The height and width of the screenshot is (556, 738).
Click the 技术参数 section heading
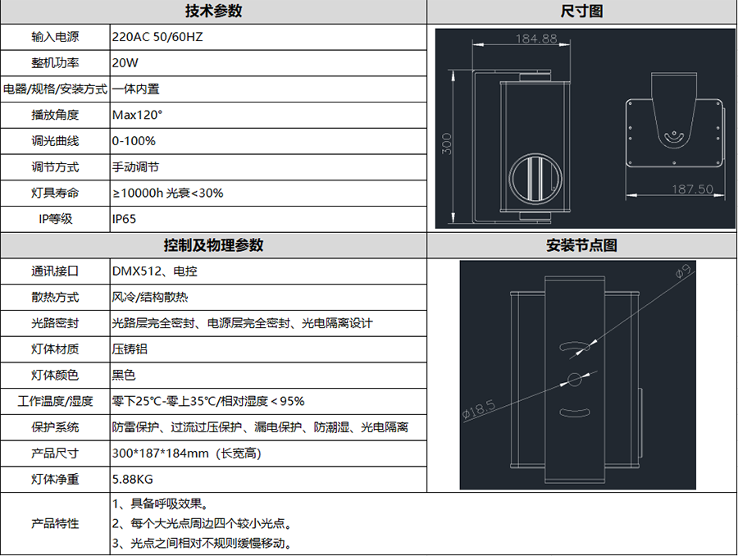[213, 11]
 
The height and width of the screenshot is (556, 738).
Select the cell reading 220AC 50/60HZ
[157, 37]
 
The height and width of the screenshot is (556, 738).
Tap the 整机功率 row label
[55, 62]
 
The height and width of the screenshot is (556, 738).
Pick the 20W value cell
[125, 62]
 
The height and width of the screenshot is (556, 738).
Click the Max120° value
[137, 115]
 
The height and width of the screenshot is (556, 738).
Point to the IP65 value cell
[124, 219]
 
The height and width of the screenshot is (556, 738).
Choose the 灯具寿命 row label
[55, 193]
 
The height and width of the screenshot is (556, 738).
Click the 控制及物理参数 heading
[213, 245]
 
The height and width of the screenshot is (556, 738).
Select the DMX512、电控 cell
[154, 271]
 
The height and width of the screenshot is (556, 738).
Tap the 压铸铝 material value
[130, 349]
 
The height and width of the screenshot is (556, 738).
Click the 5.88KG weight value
[132, 479]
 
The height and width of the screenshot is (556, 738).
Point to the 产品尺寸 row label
[55, 453]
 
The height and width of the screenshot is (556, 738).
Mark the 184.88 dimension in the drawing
[536, 39]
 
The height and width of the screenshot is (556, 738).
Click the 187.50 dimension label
[692, 189]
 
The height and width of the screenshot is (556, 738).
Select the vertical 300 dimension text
[447, 144]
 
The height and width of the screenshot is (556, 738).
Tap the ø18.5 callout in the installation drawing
[479, 409]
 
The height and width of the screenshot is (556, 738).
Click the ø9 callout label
[683, 271]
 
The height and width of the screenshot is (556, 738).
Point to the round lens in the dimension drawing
[535, 179]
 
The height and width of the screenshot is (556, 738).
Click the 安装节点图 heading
[581, 245]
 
